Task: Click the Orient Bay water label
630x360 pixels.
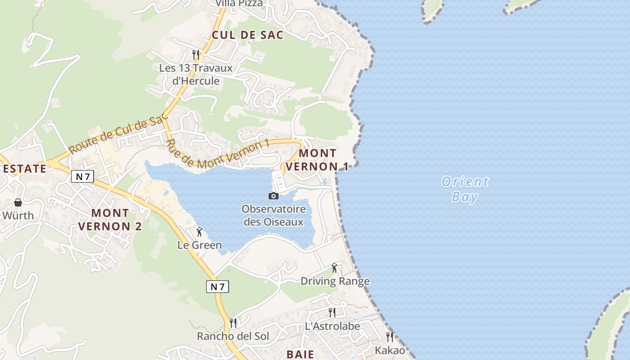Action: [x=465, y=189]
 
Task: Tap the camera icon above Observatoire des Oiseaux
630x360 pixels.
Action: [x=273, y=196]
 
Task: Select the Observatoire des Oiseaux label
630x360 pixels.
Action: [x=274, y=216]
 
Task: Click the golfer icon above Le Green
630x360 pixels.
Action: [x=199, y=232]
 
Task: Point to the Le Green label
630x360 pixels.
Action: [x=199, y=245]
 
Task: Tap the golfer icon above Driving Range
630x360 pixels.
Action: [x=334, y=268]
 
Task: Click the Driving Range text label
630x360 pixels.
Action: [x=335, y=281]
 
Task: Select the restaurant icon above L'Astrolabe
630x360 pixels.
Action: [x=332, y=312]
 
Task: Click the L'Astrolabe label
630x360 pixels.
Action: [x=333, y=326]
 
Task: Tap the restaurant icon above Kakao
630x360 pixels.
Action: [x=390, y=337]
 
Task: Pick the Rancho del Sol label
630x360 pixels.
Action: [x=233, y=336]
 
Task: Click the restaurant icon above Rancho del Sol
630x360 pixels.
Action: [x=233, y=323]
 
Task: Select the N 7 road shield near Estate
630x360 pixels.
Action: [x=82, y=176]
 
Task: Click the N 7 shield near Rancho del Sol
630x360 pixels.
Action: [x=217, y=286]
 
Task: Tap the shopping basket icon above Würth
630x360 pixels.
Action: [x=18, y=202]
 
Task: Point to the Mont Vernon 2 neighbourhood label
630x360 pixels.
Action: [x=110, y=219]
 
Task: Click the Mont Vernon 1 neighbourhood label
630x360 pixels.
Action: [x=317, y=160]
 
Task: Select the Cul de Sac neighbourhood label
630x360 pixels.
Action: [x=247, y=35]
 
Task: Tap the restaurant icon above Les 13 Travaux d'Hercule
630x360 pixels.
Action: [x=196, y=55]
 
